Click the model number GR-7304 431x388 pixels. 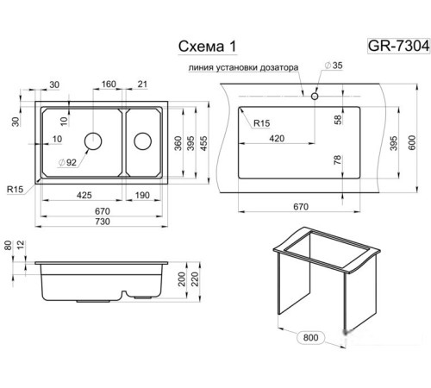click(398, 46)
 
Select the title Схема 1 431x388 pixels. click(208, 46)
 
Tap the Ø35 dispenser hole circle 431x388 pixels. click(315, 96)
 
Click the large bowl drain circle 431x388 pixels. click(93, 141)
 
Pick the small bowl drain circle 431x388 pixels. click(143, 141)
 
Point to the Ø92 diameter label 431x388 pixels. click(68, 162)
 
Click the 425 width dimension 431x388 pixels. click(84, 195)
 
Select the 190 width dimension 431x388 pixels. click(142, 195)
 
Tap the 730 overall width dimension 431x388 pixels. click(103, 222)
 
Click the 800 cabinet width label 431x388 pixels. click(310, 337)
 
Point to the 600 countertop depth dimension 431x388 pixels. click(412, 142)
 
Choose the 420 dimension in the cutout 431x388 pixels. click(277, 139)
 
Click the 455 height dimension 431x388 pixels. click(203, 143)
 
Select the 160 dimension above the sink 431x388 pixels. click(109, 84)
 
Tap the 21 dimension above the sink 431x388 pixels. click(142, 84)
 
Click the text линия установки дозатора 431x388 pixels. click(243, 68)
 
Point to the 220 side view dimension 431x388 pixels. click(195, 278)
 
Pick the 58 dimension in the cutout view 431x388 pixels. click(338, 119)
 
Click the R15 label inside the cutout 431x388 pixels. click(262, 123)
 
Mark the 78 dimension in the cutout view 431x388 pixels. click(338, 160)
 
